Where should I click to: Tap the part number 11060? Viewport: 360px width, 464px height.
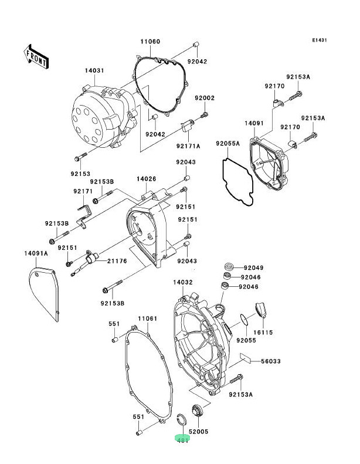point(150,42)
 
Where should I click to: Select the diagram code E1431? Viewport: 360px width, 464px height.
point(320,40)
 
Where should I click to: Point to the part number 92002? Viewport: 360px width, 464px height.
point(205,98)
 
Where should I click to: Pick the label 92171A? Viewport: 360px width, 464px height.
point(189,145)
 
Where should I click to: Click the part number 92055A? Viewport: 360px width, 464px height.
point(226,143)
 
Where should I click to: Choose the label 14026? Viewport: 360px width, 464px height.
point(146,178)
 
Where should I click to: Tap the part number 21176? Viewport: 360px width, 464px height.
point(117,260)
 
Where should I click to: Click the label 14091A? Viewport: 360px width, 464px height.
point(36,253)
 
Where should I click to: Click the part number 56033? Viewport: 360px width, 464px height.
point(271,362)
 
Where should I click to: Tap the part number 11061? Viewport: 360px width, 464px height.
point(148,318)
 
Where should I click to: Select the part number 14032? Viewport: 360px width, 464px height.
point(182,282)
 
